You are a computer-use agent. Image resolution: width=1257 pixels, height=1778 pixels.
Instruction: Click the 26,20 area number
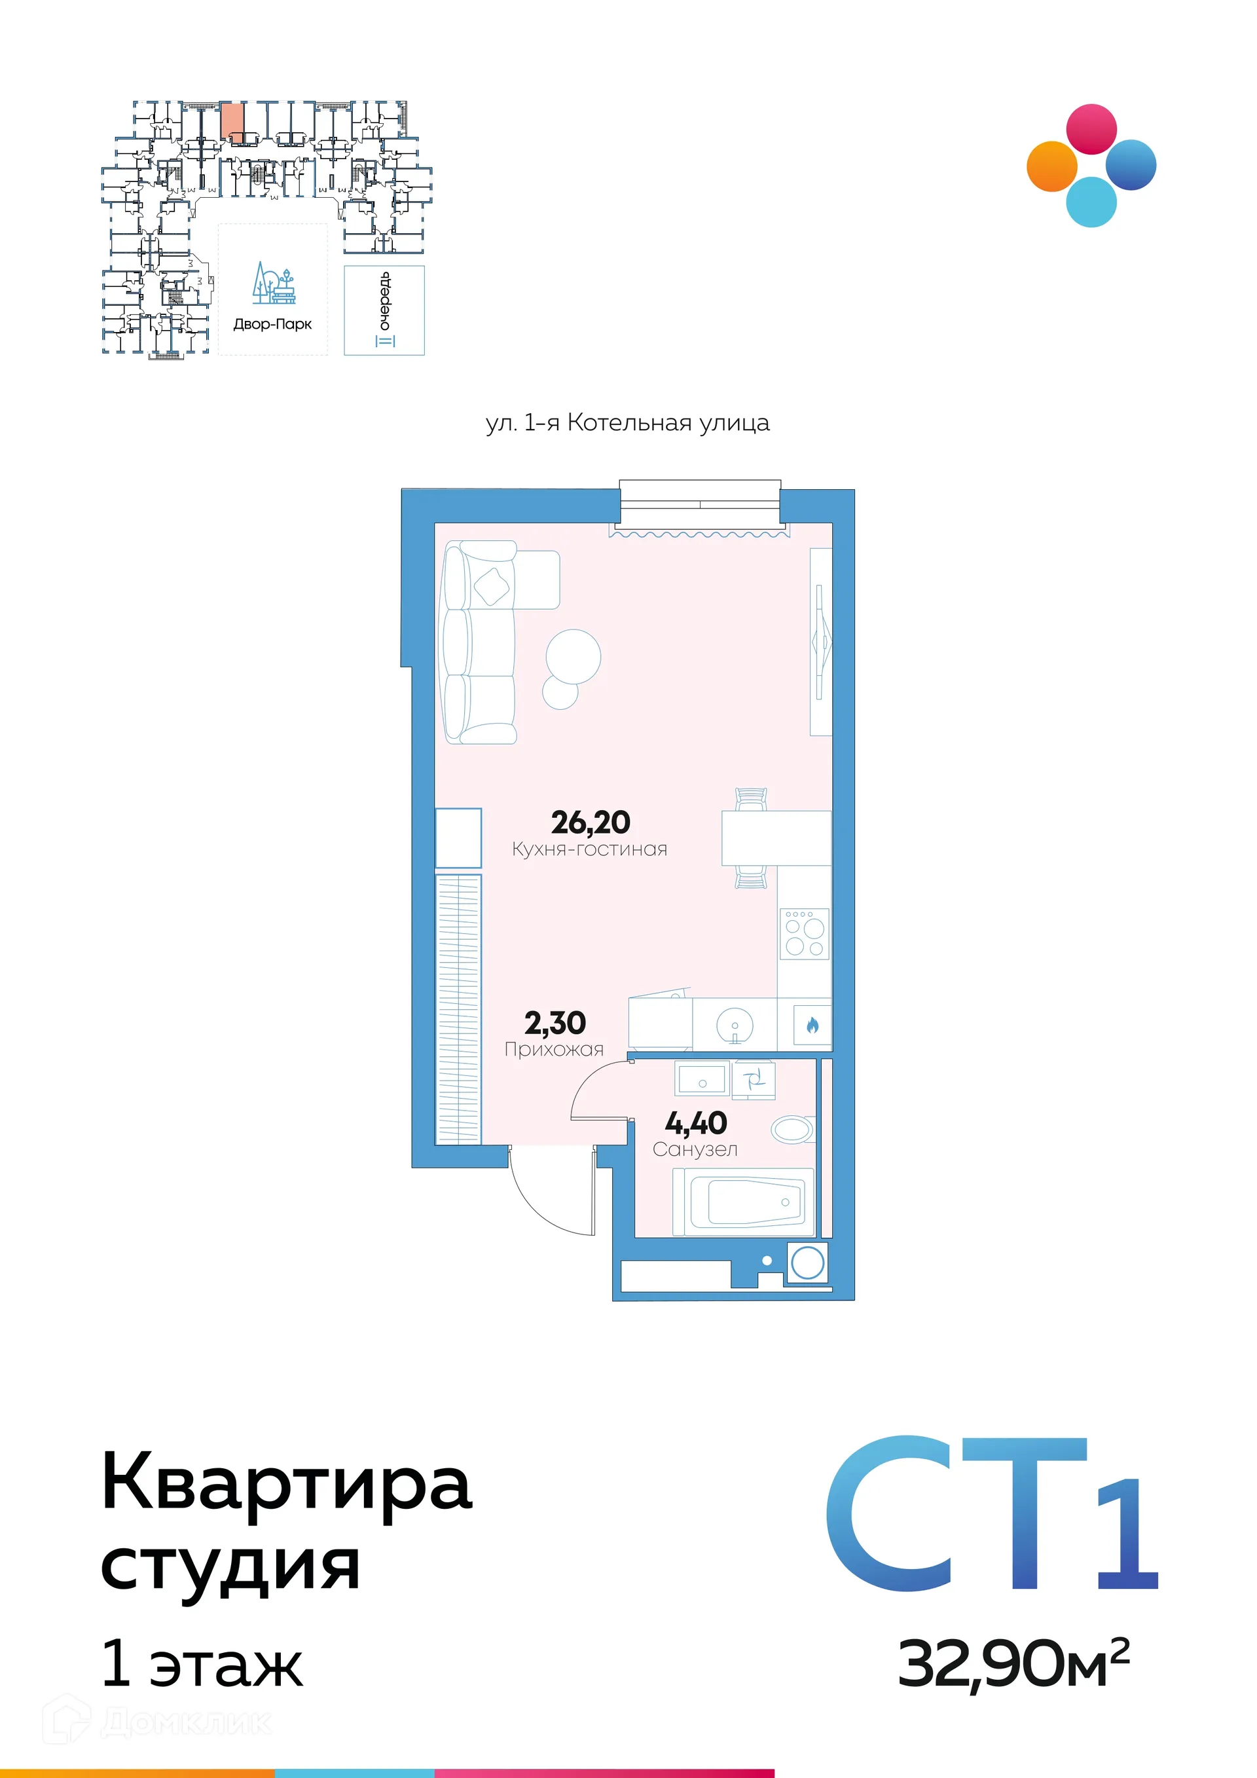click(591, 822)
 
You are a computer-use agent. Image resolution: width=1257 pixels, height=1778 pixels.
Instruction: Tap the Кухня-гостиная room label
click(589, 849)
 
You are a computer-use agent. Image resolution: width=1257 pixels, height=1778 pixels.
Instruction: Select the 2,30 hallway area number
click(555, 1023)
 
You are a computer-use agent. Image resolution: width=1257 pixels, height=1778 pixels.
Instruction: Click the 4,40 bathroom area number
click(696, 1123)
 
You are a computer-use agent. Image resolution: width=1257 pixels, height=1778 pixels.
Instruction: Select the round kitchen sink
click(734, 1026)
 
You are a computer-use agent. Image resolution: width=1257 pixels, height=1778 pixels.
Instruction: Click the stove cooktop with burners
click(804, 934)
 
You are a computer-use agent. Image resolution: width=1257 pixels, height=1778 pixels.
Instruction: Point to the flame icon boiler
click(812, 1026)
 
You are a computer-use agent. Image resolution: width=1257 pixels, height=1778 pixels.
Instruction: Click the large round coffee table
click(574, 656)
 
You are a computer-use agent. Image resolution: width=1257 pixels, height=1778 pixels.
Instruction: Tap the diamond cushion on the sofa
click(492, 586)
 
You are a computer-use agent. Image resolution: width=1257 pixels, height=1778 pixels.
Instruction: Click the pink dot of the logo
click(1091, 128)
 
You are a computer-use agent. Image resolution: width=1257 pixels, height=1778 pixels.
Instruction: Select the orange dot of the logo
click(1052, 166)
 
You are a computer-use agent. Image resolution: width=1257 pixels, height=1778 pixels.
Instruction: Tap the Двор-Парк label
click(272, 324)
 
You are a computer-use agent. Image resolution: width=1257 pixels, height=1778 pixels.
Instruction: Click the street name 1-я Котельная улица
click(628, 423)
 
